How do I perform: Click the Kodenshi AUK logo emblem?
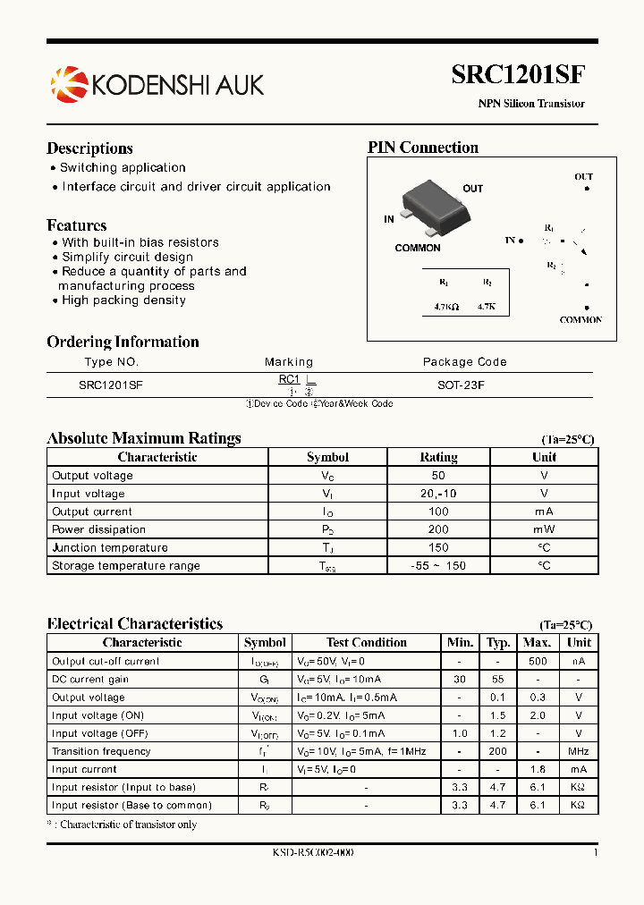(69, 84)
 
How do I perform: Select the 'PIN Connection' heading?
(423, 148)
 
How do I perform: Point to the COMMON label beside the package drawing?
(418, 248)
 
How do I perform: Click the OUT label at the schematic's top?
(583, 177)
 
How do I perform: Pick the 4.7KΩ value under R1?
(445, 306)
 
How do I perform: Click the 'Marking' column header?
(289, 362)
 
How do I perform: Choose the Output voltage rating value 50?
(438, 476)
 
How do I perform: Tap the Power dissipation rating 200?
(438, 529)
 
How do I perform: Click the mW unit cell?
(544, 529)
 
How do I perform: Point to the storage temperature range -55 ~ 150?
(438, 566)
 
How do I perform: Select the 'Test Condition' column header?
(367, 642)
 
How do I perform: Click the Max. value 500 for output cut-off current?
(537, 662)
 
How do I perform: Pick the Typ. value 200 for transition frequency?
(498, 751)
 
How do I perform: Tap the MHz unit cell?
(579, 751)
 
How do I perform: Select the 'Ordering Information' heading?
(123, 342)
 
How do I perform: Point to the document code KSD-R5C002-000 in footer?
(313, 852)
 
